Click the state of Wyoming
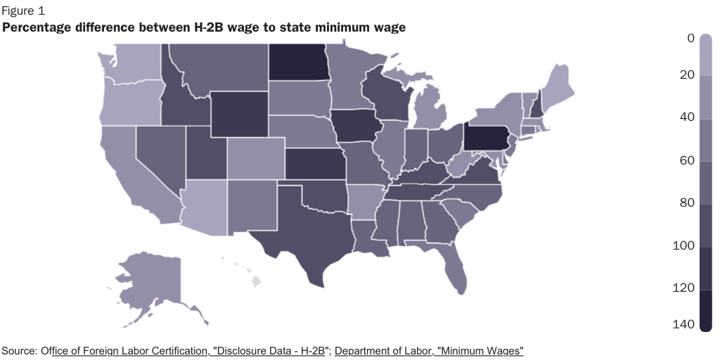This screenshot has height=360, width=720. pyautogui.click(x=238, y=113)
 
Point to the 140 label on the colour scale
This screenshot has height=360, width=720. pyautogui.click(x=686, y=324)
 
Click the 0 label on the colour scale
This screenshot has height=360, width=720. pyautogui.click(x=690, y=39)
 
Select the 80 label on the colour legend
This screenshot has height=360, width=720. pyautogui.click(x=687, y=203)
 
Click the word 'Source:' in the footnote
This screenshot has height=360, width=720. pyautogui.click(x=20, y=350)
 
